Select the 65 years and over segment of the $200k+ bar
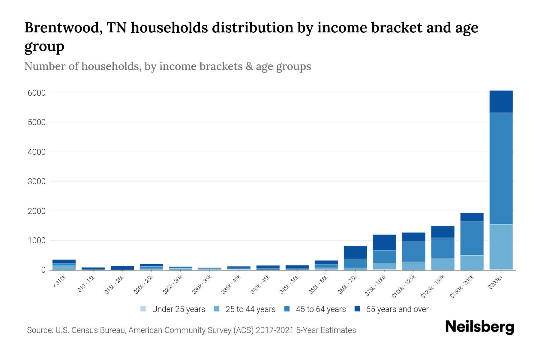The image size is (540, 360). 501,102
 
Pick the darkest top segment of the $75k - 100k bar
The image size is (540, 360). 384,242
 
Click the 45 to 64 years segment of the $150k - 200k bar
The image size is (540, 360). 472,238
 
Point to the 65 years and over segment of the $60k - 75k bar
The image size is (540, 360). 355,252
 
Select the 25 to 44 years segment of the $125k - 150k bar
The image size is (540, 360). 442,264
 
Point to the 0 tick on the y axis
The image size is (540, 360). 43,270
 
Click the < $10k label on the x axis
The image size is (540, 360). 59,282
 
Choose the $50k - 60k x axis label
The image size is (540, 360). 319,285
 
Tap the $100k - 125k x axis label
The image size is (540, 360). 404,287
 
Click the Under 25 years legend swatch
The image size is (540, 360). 143,309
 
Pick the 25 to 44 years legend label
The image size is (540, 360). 250,309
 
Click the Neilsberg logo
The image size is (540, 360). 479,327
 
